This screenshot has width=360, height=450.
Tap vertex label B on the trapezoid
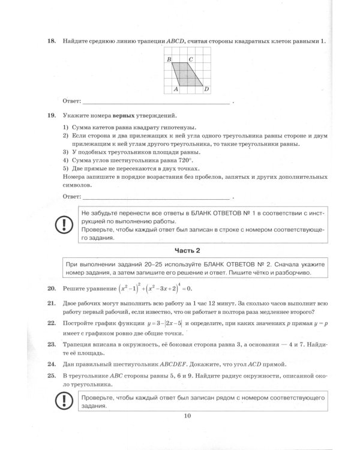click(169, 59)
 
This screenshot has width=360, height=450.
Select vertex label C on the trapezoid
click(190, 59)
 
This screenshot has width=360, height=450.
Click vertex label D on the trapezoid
click(206, 89)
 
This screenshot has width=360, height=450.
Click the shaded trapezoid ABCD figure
click(186, 74)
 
